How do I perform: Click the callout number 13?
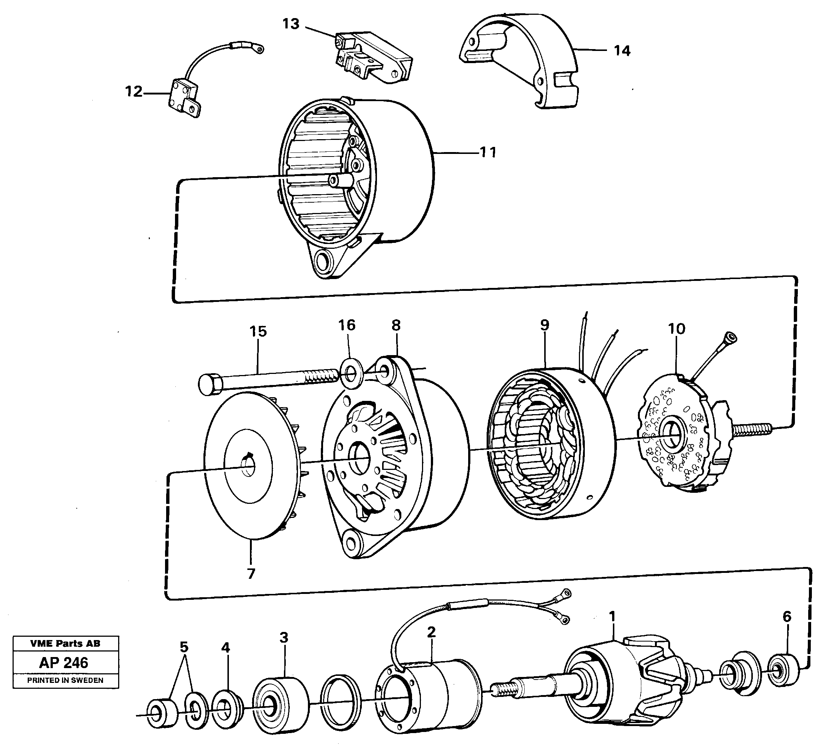pyautogui.click(x=291, y=24)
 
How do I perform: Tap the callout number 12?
pyautogui.click(x=134, y=92)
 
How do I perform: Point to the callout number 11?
pyautogui.click(x=488, y=152)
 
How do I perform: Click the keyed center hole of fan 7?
pyautogui.click(x=248, y=466)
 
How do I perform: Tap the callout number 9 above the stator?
pyautogui.click(x=545, y=324)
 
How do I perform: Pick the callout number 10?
pyautogui.click(x=676, y=328)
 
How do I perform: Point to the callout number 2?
pyautogui.click(x=431, y=632)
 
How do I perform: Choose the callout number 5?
pyautogui.click(x=184, y=647)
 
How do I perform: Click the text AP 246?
pyautogui.click(x=64, y=663)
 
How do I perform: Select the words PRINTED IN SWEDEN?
pyautogui.click(x=65, y=680)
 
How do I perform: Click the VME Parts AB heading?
pyautogui.click(x=65, y=643)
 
